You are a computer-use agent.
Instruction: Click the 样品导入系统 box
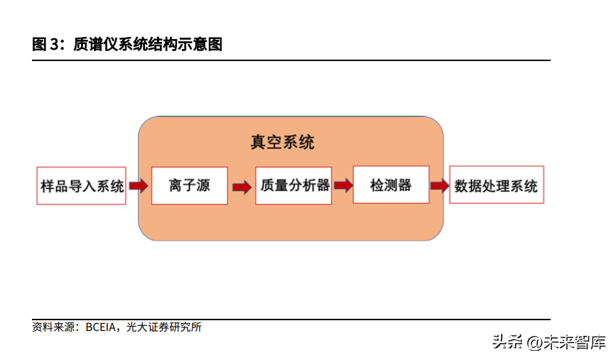coord(81,186)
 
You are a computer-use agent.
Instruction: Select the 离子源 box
coord(190,186)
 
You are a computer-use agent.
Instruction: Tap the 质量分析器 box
coord(294,186)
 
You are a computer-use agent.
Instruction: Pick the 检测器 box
coord(391,185)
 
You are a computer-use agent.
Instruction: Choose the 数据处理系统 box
coord(496,186)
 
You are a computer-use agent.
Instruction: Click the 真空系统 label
coord(282,142)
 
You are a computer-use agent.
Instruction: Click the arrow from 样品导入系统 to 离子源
coord(139,186)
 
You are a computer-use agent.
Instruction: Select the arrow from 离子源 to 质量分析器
coord(242,187)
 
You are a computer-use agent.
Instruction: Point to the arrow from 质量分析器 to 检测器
coord(343,185)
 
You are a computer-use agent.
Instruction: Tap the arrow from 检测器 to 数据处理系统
coord(440,186)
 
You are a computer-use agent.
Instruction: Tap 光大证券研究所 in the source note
coord(164,327)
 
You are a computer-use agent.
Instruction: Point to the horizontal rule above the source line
coord(291,320)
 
